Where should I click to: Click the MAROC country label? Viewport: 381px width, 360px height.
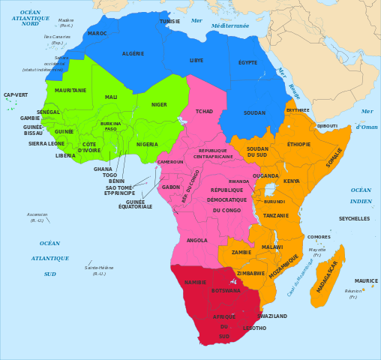tap(97, 34)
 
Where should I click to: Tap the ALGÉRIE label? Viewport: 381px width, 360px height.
tap(133, 54)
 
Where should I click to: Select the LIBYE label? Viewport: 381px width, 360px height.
tap(196, 60)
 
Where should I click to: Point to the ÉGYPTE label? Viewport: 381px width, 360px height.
tap(247, 62)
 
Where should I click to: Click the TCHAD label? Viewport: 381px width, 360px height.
tap(204, 111)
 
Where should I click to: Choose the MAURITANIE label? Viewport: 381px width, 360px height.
tap(70, 91)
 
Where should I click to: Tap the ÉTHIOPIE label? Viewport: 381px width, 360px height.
tap(298, 144)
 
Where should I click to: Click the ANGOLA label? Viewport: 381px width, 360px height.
tap(196, 241)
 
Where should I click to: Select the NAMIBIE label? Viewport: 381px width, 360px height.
tap(195, 283)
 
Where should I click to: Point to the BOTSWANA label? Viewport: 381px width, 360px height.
tap(226, 290)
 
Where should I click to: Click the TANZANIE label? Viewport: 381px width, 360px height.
tap(276, 215)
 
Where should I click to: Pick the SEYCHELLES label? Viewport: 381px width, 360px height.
tap(354, 219)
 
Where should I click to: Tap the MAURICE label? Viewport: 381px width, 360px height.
tap(366, 281)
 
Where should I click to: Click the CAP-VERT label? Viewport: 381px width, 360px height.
tap(16, 95)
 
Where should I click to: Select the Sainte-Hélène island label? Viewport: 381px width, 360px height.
tap(99, 270)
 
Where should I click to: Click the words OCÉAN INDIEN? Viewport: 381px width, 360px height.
tap(361, 196)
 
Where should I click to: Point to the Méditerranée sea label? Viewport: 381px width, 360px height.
tap(229, 25)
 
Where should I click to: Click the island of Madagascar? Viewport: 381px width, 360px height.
tap(327, 276)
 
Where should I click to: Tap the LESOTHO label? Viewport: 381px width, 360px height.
tap(254, 328)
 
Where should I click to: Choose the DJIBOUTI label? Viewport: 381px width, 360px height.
tap(327, 126)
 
